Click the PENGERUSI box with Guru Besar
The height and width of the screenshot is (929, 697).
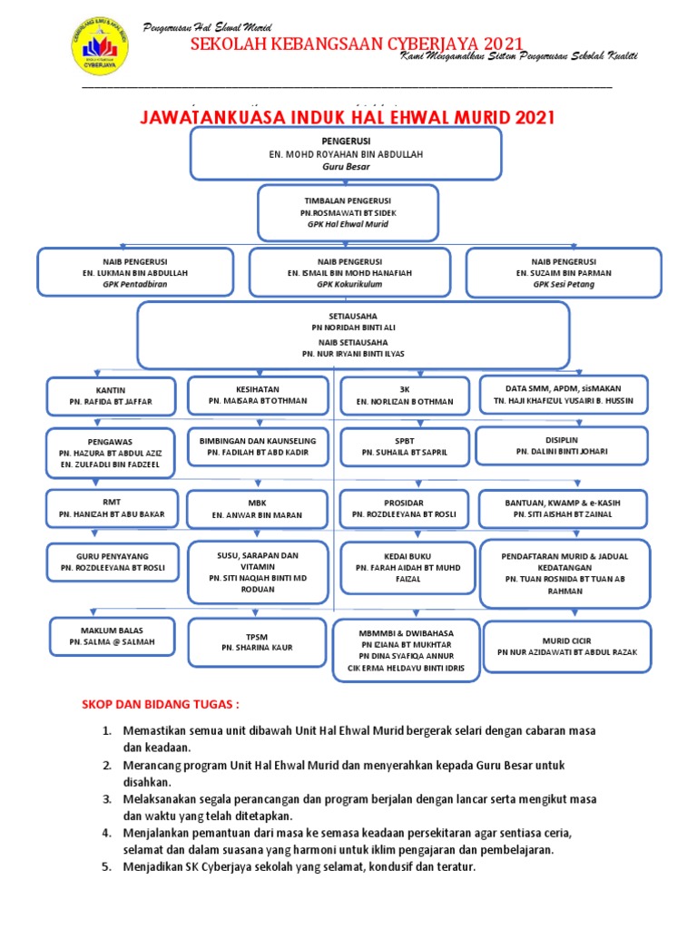click(345, 153)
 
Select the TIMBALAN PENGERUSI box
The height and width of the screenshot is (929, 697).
click(348, 213)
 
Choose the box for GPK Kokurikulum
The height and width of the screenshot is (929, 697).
click(349, 272)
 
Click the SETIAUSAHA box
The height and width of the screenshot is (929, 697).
click(353, 334)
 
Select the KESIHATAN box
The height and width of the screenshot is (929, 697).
click(258, 394)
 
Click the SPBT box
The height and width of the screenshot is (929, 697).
click(405, 445)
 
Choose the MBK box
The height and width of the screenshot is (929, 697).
click(257, 509)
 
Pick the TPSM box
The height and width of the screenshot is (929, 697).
click(257, 642)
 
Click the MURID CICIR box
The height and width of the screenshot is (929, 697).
click(567, 646)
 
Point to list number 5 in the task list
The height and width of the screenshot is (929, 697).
click(106, 866)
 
